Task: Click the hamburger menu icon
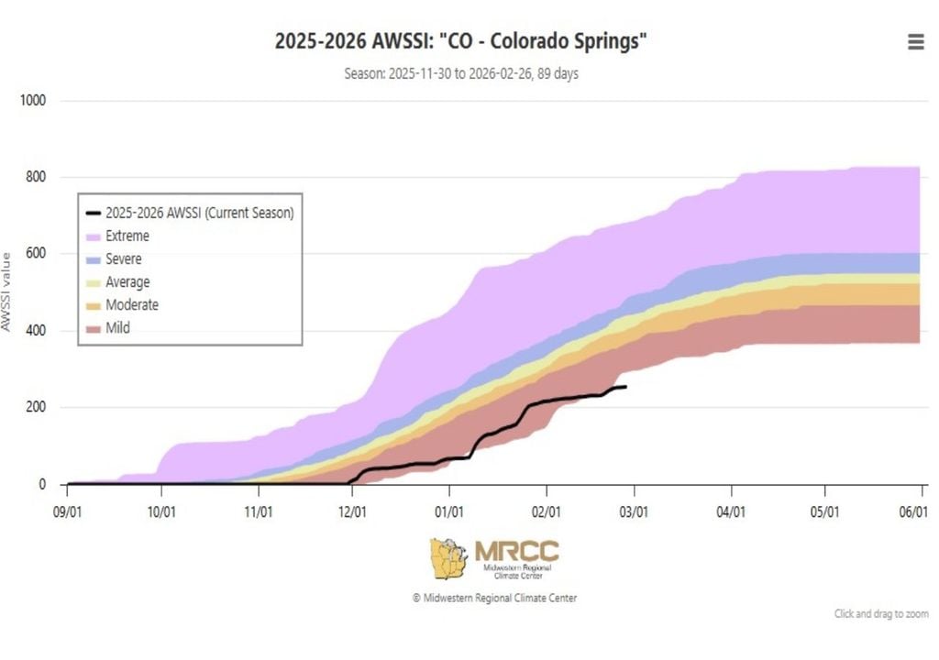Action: pos(915,42)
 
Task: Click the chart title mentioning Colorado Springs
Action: pos(467,41)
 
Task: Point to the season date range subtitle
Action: pos(461,73)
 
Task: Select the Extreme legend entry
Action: pos(127,236)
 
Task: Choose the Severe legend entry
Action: pos(123,259)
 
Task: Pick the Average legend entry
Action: pos(127,282)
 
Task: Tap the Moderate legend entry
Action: pos(131,305)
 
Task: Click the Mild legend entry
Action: pos(117,327)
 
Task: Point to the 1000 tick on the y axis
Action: pos(33,101)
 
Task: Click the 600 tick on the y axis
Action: pos(37,254)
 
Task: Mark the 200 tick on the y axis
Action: pos(37,407)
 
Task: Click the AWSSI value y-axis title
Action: pos(6,291)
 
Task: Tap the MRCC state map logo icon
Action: pos(448,558)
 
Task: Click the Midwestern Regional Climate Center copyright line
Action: pos(494,598)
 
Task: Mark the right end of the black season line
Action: pos(625,387)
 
